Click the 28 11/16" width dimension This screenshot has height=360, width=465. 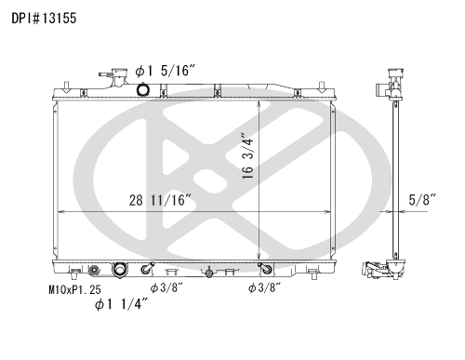tap(160, 200)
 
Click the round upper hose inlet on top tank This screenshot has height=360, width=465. tap(142, 89)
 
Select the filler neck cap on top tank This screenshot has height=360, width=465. tap(117, 77)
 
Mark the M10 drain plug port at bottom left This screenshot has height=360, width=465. tap(93, 271)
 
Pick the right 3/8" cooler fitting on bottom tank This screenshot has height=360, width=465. tap(264, 270)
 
